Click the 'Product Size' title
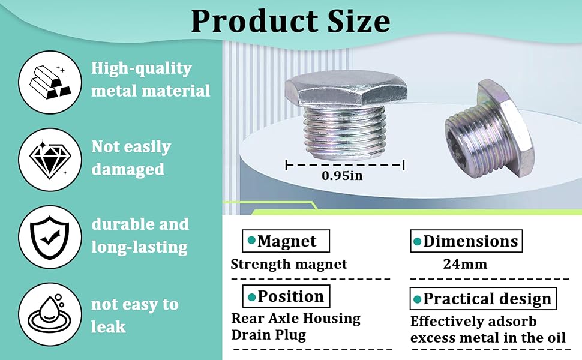click(290, 21)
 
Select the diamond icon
click(50, 160)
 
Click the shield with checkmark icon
click(50, 237)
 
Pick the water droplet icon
click(50, 315)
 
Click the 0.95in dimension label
click(342, 176)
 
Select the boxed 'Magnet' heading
click(286, 241)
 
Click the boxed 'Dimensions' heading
click(466, 241)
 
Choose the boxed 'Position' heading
click(286, 296)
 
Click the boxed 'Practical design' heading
click(483, 298)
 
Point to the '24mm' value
click(465, 264)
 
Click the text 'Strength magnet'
click(289, 264)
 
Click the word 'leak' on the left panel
click(109, 326)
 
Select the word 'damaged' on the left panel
click(128, 170)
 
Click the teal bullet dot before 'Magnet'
click(251, 241)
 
